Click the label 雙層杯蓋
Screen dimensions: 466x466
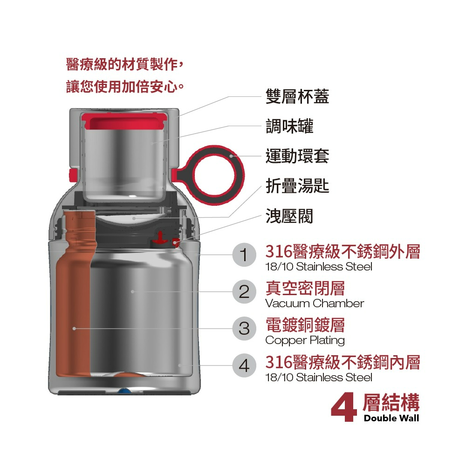297,96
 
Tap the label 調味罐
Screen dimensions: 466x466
289,126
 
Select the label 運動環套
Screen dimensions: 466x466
297,156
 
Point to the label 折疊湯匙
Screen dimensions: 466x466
297,186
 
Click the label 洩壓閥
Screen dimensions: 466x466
289,216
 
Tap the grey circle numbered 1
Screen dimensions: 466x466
244,255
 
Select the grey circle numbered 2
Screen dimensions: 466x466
244,291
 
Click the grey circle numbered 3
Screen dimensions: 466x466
244,328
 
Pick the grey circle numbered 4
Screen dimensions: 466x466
244,365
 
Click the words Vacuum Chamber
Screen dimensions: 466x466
314,304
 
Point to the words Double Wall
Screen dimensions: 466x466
391,418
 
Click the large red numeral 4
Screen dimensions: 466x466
344,407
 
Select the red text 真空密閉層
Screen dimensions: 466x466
305,288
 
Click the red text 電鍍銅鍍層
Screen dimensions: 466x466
305,325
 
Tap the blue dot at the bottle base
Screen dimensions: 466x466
122,391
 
